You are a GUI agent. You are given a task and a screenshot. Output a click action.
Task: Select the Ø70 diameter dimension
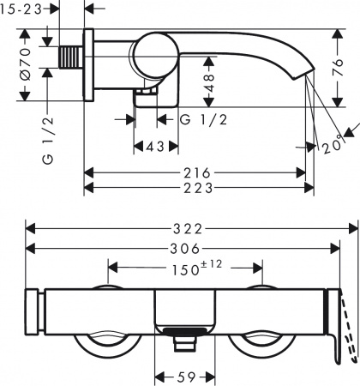[x=26, y=63]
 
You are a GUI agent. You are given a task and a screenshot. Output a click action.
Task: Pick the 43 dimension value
[x=154, y=147]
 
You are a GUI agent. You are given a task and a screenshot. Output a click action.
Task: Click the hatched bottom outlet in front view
[x=182, y=332]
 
